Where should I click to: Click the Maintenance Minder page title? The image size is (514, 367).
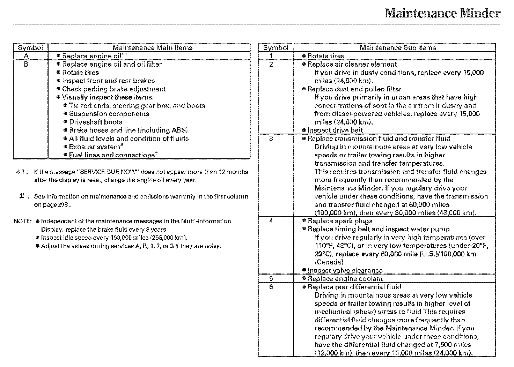tap(442, 13)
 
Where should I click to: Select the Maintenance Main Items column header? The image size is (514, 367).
tap(153, 47)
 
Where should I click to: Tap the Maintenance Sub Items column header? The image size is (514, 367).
tap(398, 47)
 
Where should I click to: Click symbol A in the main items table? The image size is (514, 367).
tap(26, 56)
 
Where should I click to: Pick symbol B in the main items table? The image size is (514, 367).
tap(26, 64)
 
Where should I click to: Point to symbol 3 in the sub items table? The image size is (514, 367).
tap(271, 138)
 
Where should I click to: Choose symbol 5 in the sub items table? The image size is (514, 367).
tap(271, 278)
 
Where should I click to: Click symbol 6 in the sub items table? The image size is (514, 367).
tap(271, 287)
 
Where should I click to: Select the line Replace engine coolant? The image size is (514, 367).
tap(345, 278)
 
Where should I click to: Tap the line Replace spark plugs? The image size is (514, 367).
tap(340, 221)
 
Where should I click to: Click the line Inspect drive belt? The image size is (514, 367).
tap(335, 130)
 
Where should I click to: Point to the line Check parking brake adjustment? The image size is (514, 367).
tap(114, 89)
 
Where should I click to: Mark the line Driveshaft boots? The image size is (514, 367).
tap(95, 122)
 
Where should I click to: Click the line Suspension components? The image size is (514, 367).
tap(109, 114)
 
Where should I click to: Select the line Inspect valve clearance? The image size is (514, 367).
tap(345, 270)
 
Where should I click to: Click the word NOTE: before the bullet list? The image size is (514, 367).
tap(22, 221)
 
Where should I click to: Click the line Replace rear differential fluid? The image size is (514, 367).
tap(354, 287)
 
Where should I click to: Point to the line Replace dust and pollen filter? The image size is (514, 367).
tap(354, 89)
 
